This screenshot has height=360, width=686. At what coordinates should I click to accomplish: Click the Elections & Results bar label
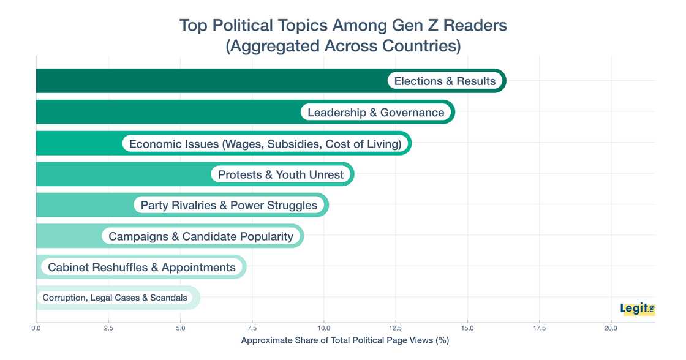(445, 81)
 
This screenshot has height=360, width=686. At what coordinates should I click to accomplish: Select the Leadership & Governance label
(375, 112)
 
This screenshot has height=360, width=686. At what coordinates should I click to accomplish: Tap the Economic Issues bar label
(265, 144)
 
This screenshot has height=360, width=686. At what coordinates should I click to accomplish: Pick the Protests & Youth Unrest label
(281, 174)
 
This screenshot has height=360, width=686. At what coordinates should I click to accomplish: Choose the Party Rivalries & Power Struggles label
(229, 205)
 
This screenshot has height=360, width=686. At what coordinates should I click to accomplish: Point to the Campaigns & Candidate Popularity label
(200, 236)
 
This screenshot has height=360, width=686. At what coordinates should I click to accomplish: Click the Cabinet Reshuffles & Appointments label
(141, 267)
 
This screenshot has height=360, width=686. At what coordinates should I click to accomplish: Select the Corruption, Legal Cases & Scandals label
(115, 298)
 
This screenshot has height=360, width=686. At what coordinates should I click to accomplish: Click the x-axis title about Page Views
(345, 341)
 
